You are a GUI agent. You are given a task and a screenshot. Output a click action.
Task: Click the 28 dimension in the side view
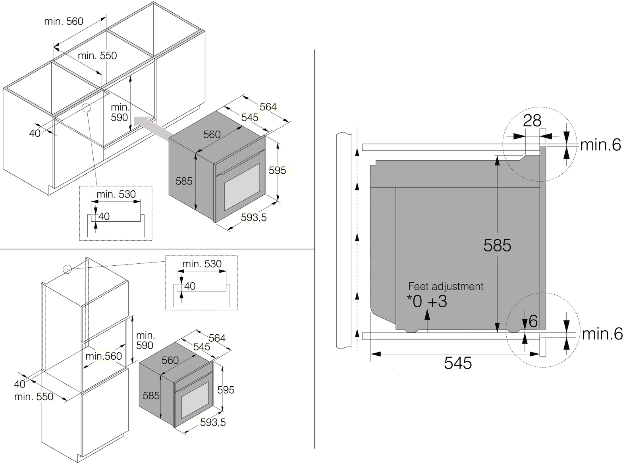click(532, 121)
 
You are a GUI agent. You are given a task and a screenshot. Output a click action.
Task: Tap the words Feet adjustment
click(446, 287)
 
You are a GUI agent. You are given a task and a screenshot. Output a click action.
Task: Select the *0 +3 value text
click(427, 301)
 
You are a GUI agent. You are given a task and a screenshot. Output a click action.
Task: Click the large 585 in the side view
click(497, 245)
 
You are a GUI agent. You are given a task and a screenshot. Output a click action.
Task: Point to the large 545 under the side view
click(458, 363)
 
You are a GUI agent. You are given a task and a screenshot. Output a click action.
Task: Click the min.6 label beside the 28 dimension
click(600, 145)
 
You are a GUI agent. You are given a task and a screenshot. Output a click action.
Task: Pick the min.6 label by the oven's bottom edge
click(602, 334)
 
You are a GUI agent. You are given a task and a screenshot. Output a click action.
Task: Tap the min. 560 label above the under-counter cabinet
click(64, 21)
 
